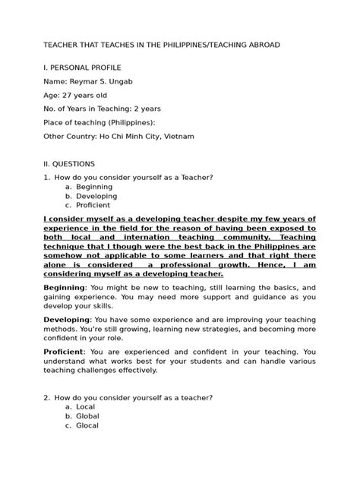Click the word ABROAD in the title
click(264, 45)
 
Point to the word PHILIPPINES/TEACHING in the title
click(195, 45)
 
